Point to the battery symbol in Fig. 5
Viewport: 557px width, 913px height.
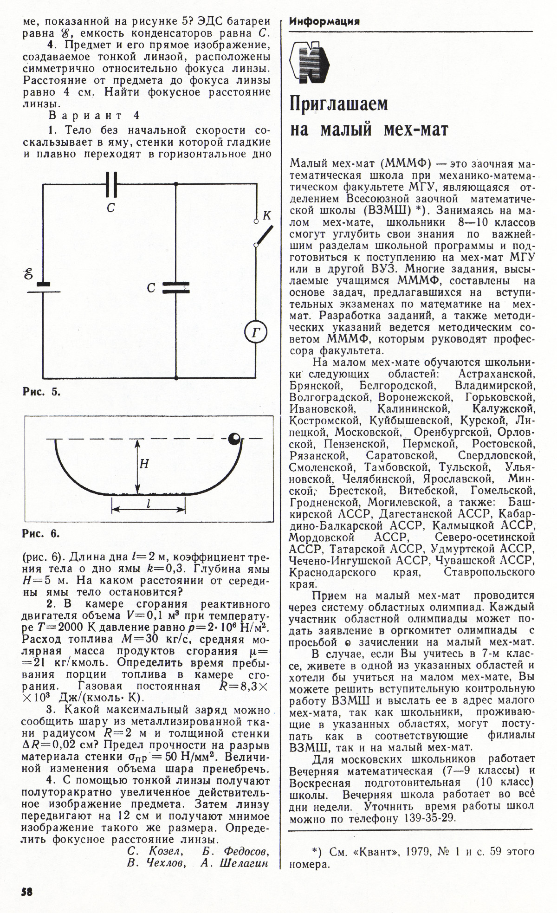[43, 287]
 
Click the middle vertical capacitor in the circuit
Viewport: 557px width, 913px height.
[176, 288]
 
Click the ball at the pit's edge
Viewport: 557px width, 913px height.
[235, 439]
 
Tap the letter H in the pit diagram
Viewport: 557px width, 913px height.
[144, 463]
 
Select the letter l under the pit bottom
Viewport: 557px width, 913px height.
[148, 504]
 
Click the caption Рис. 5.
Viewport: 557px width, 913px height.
[42, 391]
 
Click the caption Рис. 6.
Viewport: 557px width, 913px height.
[41, 533]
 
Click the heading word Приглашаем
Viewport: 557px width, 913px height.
[338, 104]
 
